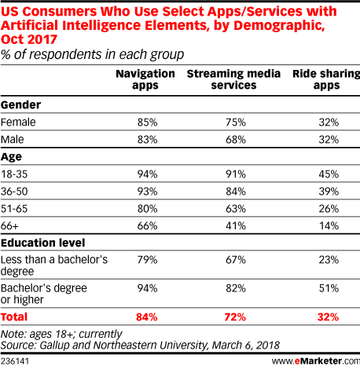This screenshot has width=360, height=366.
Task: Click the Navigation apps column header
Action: (x=145, y=79)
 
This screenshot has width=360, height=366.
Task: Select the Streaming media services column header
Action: (x=233, y=79)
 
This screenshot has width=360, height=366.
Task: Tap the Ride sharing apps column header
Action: (x=326, y=79)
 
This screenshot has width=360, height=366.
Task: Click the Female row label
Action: (x=18, y=123)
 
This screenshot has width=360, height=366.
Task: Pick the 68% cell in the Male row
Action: (x=236, y=140)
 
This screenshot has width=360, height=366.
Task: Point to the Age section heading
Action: (x=11, y=157)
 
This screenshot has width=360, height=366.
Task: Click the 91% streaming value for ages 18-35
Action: (x=236, y=174)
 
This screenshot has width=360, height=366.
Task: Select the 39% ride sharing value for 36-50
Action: (x=329, y=192)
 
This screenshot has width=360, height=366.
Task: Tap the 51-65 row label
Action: (x=14, y=209)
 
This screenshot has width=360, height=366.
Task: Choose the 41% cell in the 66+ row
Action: (x=236, y=225)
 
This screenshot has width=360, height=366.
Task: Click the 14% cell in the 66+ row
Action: (x=329, y=225)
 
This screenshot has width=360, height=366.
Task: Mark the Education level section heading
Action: (x=43, y=243)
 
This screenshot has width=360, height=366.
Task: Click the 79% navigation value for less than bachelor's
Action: (x=147, y=260)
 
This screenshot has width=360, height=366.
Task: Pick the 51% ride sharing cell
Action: (x=329, y=288)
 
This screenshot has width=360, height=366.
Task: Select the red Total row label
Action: (x=14, y=317)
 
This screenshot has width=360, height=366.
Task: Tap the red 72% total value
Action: (x=235, y=317)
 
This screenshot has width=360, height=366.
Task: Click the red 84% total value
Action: (x=147, y=317)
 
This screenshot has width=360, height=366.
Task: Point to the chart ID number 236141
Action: (x=15, y=361)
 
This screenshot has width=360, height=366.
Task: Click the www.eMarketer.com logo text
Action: (x=316, y=361)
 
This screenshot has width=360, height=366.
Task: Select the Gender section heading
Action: (x=21, y=105)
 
